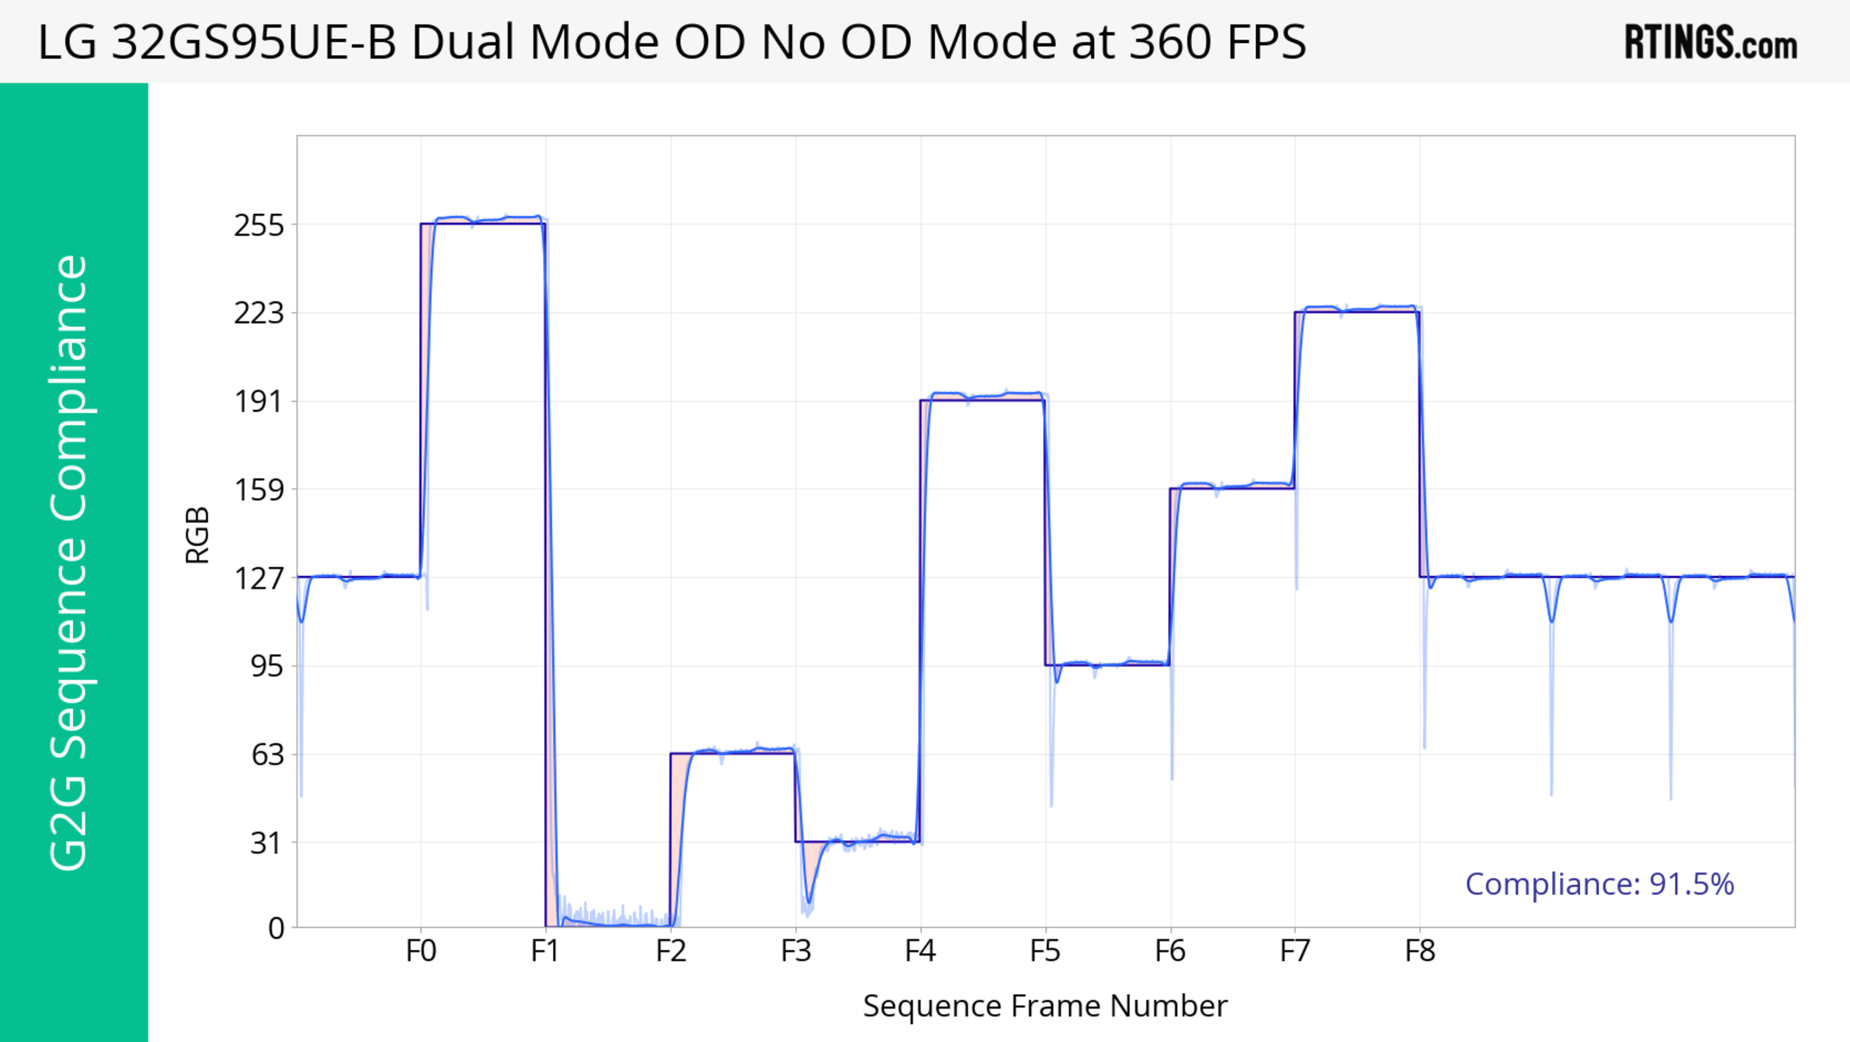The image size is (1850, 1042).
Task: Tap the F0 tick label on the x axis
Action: click(x=421, y=951)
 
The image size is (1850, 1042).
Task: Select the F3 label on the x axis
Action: click(x=796, y=951)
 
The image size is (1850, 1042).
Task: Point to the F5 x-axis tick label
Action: click(x=1045, y=951)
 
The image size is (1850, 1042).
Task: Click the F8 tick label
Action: click(x=1420, y=951)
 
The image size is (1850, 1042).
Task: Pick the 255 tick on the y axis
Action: click(x=259, y=226)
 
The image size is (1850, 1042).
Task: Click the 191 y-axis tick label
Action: click(x=259, y=402)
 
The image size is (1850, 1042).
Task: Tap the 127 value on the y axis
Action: click(x=259, y=578)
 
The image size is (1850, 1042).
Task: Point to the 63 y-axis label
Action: click(x=267, y=755)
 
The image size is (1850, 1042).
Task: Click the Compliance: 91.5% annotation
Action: click(x=1599, y=884)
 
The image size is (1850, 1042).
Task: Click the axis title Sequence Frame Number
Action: click(x=1045, y=1006)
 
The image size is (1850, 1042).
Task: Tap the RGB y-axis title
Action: click(x=198, y=535)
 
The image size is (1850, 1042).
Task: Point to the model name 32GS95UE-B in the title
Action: click(x=254, y=41)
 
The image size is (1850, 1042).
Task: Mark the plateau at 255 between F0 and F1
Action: click(x=483, y=219)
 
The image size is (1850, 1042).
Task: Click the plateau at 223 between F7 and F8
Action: click(x=1357, y=309)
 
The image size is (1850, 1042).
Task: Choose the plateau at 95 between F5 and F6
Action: click(x=1108, y=663)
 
